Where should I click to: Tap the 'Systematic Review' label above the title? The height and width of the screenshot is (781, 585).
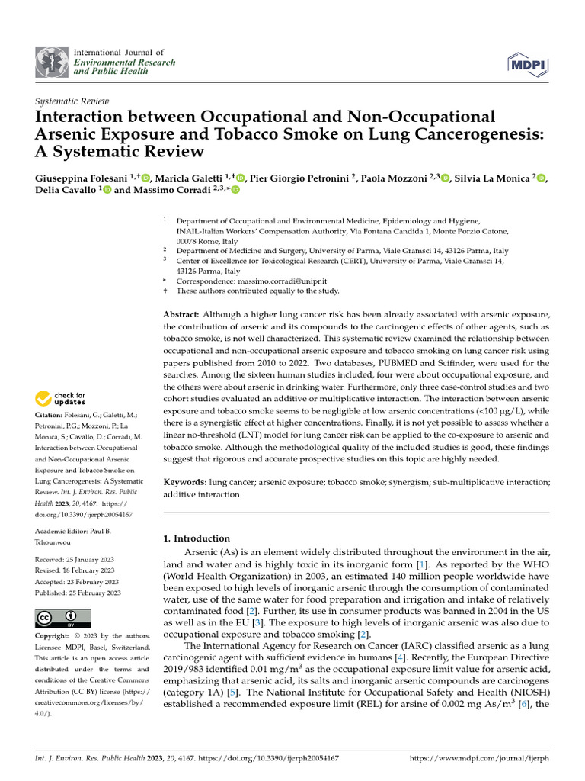[x=72, y=101]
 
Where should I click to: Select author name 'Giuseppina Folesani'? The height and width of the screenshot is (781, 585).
[x=82, y=178]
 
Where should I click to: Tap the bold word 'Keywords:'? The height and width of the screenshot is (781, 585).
[x=186, y=483]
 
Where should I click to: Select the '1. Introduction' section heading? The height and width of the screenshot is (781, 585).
[x=197, y=538]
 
